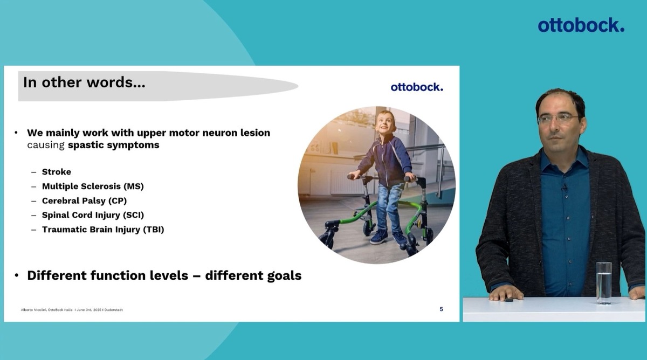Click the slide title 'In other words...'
pos(84,82)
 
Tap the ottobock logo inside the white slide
pos(417,87)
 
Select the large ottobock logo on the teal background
pos(581,25)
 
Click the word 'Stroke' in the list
pos(57,172)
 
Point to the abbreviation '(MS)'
pos(134,186)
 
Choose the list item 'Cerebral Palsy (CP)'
pos(84,200)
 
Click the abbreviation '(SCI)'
pos(133,215)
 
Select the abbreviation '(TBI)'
pos(153,230)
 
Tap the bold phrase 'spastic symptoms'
pos(114,145)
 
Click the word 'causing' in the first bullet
pos(46,145)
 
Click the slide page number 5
pos(442,309)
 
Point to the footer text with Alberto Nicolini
pos(72,310)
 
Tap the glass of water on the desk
pos(604,282)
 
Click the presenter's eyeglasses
pos(558,119)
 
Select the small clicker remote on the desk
pos(509,300)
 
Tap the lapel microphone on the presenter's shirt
pos(564,188)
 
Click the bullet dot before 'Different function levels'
pos(17,276)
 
